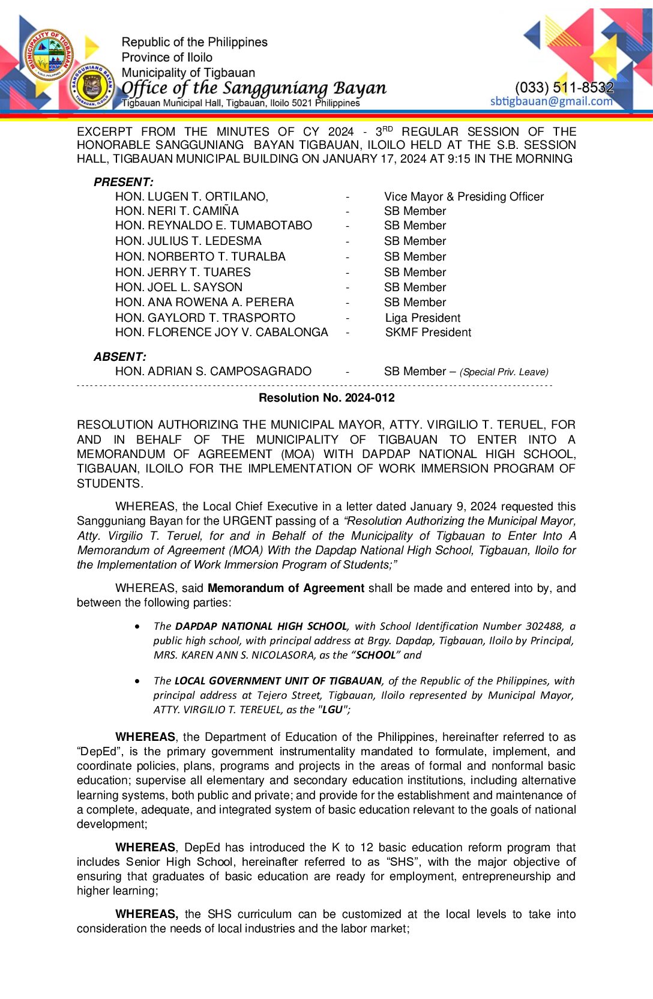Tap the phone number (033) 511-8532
564,88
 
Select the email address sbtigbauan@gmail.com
551,101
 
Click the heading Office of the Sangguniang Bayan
254,88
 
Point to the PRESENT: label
124,182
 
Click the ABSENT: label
120,357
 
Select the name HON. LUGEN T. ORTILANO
191,196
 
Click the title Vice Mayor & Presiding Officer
463,196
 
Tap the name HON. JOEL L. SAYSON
179,287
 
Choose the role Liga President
423,318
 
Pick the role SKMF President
428,332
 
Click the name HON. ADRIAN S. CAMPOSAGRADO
213,371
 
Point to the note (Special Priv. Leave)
504,372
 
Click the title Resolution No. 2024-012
326,397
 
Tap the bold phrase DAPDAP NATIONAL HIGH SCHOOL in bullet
261,626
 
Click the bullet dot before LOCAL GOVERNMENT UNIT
138,681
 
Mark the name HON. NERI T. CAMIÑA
176,211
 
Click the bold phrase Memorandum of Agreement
286,588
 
